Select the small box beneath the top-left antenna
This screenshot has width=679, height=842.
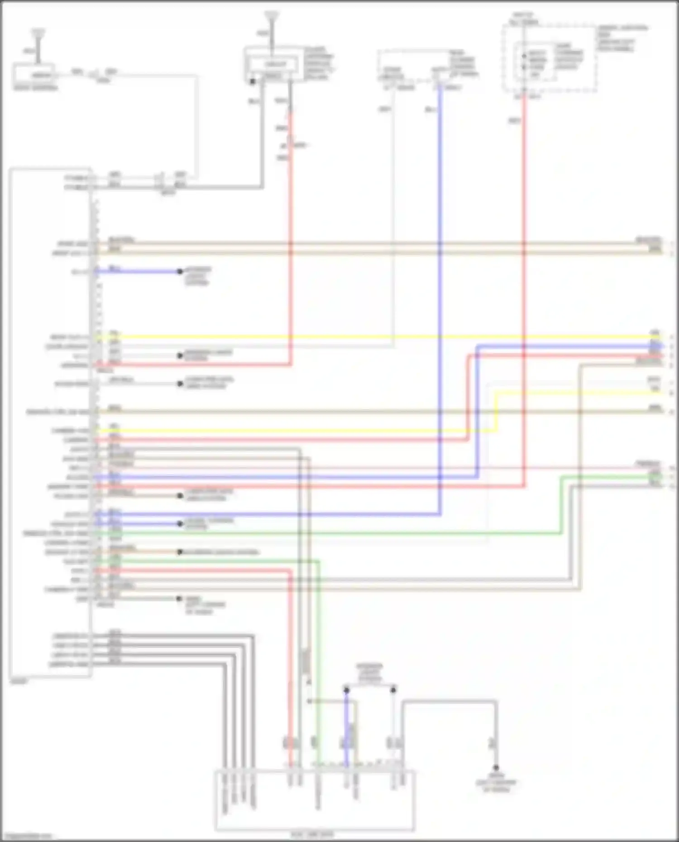[34, 75]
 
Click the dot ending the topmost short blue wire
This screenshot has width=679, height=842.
[180, 271]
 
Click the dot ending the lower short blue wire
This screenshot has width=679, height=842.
[180, 524]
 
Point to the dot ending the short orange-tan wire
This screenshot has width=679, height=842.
[180, 552]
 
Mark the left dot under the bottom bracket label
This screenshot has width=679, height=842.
[346, 690]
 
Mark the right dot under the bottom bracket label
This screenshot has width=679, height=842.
[393, 690]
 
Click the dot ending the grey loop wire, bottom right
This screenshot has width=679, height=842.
[496, 768]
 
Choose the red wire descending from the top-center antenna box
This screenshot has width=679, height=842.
[290, 226]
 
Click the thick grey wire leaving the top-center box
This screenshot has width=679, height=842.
[262, 136]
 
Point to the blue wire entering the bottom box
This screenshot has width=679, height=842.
[347, 733]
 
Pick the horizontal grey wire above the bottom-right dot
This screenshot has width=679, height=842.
[448, 702]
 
